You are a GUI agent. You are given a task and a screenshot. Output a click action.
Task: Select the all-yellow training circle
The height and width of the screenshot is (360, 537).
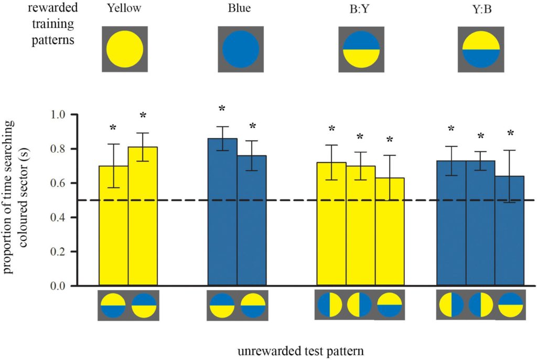(x=125, y=49)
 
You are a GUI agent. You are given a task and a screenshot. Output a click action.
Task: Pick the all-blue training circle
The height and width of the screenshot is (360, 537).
(x=241, y=49)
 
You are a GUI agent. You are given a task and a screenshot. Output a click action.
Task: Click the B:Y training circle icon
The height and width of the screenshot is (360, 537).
(x=361, y=49)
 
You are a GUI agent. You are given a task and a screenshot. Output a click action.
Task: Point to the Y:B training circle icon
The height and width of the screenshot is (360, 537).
(x=480, y=49)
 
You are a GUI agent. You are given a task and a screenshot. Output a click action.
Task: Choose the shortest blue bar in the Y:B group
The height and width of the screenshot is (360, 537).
(x=509, y=231)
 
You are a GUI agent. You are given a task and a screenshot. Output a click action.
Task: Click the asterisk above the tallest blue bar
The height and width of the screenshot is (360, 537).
(x=222, y=109)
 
